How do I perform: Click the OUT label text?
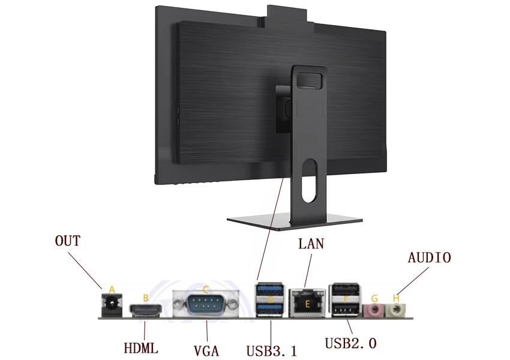pos(67,242)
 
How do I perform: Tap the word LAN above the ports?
pos(311,244)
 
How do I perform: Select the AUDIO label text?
pos(429,258)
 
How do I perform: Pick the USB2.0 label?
pos(350,344)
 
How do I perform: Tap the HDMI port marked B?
pos(146,310)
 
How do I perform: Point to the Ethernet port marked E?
pos(308,304)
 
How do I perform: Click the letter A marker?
pos(110,290)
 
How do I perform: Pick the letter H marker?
pos(395,298)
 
